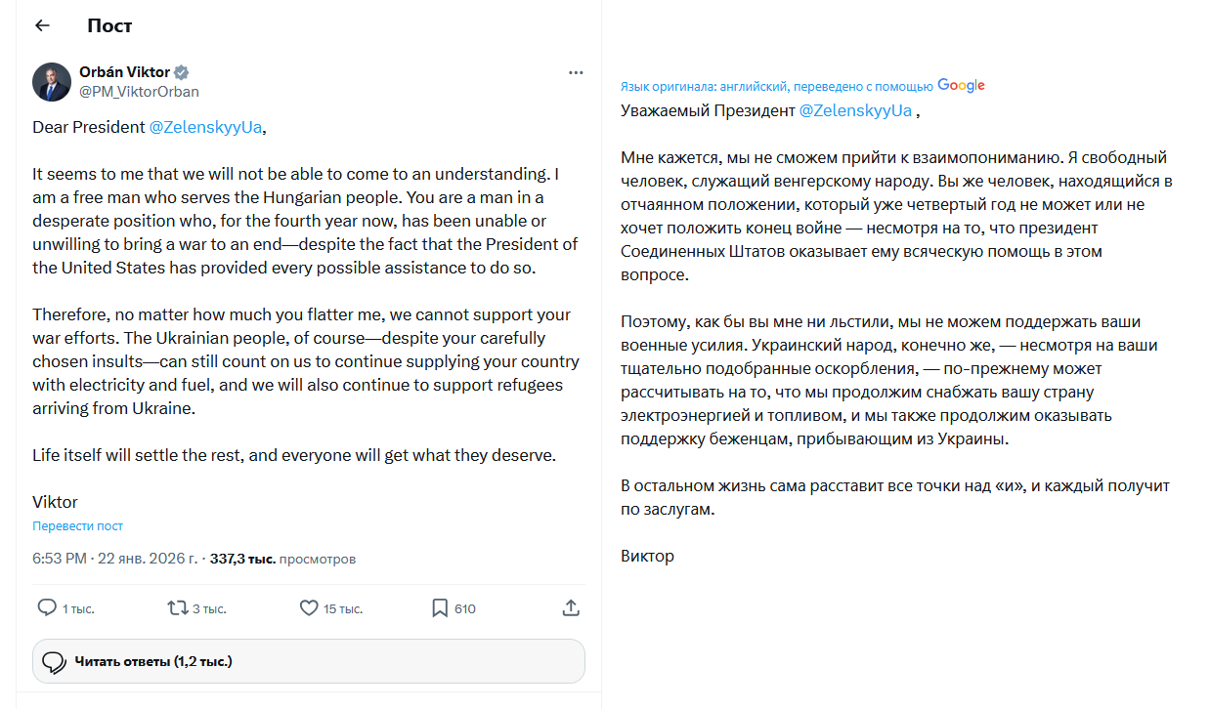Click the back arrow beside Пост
42,25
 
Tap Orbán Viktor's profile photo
52,82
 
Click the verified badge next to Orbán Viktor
182,72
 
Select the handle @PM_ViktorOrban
139,92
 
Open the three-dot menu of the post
577,72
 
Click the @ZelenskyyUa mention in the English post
205,127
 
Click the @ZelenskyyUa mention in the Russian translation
855,110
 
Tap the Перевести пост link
77,525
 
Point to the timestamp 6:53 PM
60,559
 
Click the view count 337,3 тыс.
241,559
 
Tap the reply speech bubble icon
47,607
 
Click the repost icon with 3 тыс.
177,607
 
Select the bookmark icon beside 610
440,607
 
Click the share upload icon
572,607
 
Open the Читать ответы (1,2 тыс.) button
309,661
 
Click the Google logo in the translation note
961,86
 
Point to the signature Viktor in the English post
55,502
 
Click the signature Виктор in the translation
647,556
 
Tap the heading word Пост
109,25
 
